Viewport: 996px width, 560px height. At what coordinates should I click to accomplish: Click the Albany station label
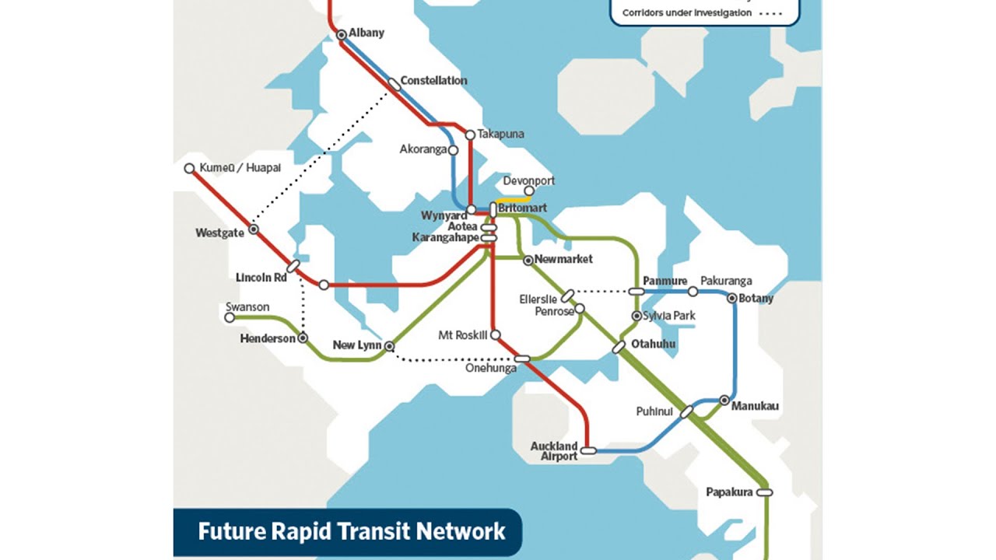366,33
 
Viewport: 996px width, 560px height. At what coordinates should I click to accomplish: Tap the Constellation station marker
395,84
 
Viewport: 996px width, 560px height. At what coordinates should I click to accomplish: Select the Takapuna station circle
470,135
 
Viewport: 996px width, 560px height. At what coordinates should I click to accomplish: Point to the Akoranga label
423,149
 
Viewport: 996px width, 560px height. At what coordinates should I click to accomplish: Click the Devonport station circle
529,191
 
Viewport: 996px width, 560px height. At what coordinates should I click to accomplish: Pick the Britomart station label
522,208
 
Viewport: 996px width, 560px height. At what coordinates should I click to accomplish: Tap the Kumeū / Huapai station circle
189,169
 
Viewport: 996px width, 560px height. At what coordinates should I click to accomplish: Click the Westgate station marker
253,230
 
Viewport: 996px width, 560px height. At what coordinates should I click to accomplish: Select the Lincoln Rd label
261,278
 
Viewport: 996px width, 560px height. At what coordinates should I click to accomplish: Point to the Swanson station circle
230,317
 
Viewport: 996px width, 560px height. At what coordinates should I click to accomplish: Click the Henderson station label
268,339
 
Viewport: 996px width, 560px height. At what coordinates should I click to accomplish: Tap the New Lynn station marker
390,346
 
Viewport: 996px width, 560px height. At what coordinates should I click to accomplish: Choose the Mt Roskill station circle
496,335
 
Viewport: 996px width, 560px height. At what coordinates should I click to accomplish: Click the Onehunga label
491,369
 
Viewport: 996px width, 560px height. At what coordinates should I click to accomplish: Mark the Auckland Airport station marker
588,450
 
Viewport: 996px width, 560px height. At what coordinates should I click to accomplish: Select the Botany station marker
732,298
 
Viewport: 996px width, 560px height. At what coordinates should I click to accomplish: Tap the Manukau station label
755,407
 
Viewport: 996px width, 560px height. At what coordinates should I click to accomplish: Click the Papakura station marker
764,492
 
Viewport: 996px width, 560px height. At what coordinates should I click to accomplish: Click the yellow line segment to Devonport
515,198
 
